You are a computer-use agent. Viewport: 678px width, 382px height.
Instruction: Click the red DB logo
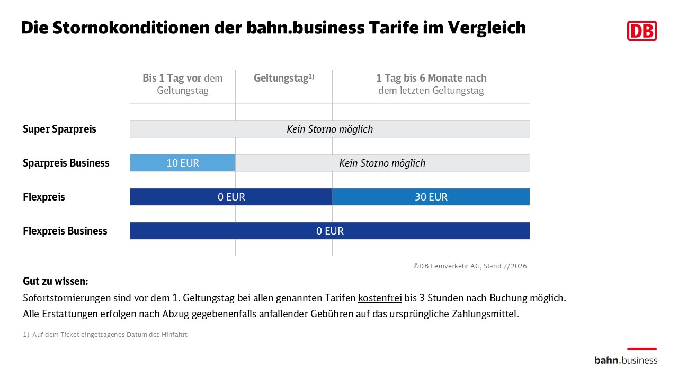click(641, 31)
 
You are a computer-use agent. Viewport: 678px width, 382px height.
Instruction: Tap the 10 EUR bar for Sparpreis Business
click(183, 163)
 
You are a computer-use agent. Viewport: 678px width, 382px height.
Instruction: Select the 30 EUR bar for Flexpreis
click(431, 197)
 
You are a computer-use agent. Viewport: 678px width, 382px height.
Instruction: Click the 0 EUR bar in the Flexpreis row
click(231, 197)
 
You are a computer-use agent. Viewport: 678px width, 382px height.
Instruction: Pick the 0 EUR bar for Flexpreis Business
click(330, 231)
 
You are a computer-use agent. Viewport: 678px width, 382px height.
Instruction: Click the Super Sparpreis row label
click(59, 129)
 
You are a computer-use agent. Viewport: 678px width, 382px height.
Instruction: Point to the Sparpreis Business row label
click(66, 163)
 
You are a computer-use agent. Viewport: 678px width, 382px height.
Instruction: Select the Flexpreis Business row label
click(65, 231)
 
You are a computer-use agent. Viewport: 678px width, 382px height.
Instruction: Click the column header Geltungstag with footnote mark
click(284, 78)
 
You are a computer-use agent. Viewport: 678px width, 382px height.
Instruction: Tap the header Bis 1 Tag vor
click(172, 78)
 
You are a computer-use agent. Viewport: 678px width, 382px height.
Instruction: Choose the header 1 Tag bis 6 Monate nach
click(431, 78)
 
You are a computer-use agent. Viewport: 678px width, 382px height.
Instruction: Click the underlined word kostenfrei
click(380, 298)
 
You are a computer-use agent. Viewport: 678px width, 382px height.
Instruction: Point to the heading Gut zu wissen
click(56, 281)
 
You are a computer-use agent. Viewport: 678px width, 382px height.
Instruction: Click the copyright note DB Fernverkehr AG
click(470, 266)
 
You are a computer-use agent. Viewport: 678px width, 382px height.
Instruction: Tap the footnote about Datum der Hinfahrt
click(105, 334)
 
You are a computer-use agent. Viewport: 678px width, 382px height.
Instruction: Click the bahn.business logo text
click(626, 360)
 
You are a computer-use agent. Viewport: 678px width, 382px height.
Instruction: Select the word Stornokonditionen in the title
click(130, 28)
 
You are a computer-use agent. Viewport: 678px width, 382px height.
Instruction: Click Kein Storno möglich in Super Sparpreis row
click(329, 129)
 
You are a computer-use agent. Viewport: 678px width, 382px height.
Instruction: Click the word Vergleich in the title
click(487, 28)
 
